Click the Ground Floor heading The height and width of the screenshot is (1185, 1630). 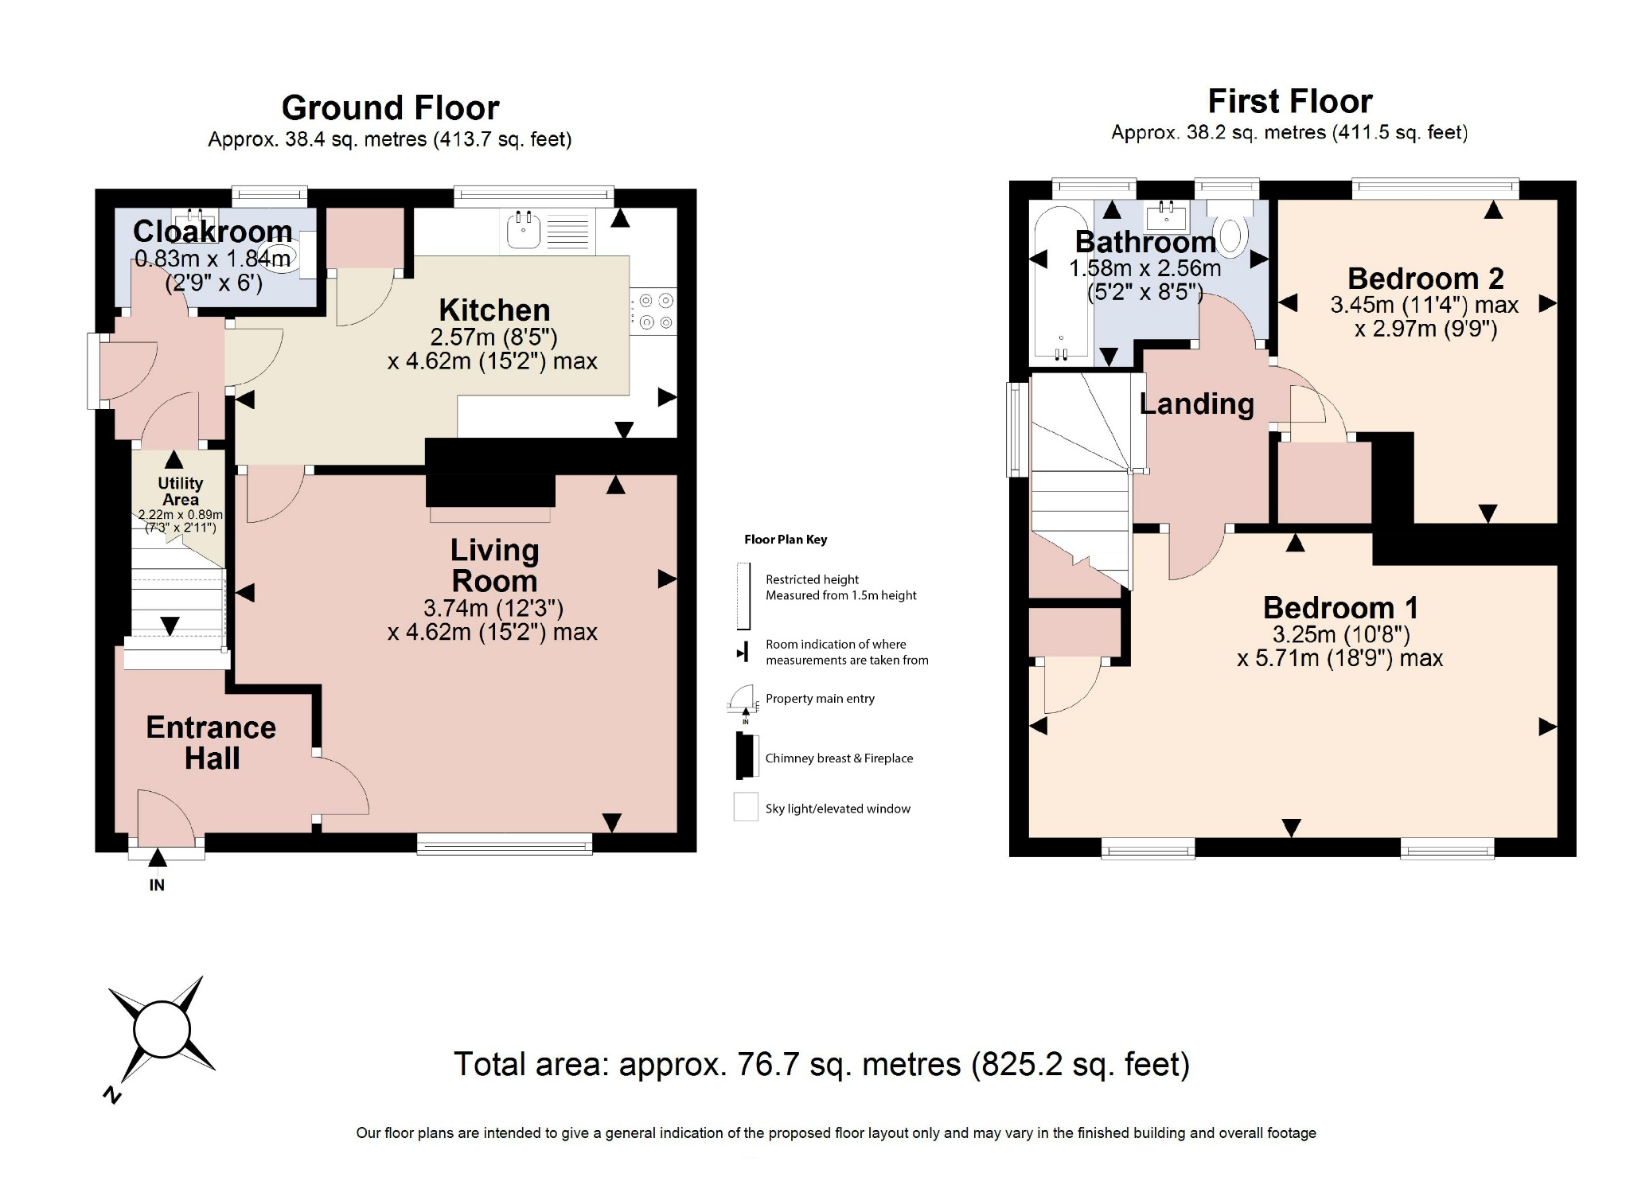390,107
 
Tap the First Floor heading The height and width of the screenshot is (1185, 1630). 1289,101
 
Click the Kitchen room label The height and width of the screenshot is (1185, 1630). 494,310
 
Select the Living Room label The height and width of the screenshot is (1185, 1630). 494,565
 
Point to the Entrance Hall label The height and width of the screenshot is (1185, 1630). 211,743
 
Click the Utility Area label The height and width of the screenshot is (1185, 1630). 180,491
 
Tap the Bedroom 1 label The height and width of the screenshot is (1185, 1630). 1340,608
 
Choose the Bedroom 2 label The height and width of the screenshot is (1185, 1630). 1425,279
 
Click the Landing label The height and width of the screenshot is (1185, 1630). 1196,403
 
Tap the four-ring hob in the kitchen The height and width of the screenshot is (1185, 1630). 655,311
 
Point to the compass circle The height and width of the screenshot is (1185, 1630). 162,1029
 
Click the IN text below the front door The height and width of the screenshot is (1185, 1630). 157,885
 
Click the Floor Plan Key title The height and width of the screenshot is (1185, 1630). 786,540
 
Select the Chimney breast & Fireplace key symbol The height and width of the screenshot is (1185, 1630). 747,756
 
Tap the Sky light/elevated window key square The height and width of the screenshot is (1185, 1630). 746,807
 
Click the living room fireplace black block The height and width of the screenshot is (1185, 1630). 490,489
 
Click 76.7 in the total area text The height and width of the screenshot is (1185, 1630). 768,1064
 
